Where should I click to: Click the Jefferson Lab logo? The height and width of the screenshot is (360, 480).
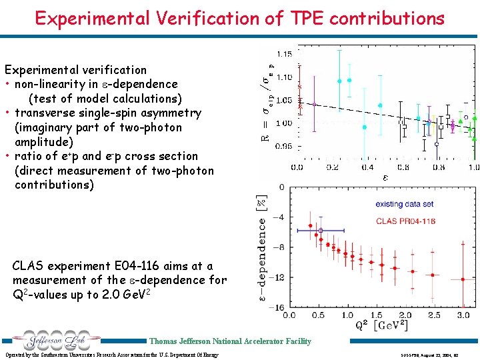pyautogui.click(x=57, y=341)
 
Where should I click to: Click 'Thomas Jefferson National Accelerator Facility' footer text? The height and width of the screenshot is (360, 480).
pyautogui.click(x=230, y=341)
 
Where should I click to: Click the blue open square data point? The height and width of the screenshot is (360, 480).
pyautogui.click(x=321, y=231)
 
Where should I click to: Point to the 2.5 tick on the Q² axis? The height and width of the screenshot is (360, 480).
pyautogui.click(x=434, y=315)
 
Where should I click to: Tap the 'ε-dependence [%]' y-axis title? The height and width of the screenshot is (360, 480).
pyautogui.click(x=262, y=250)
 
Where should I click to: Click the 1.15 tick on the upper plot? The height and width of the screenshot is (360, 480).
pyautogui.click(x=284, y=53)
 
